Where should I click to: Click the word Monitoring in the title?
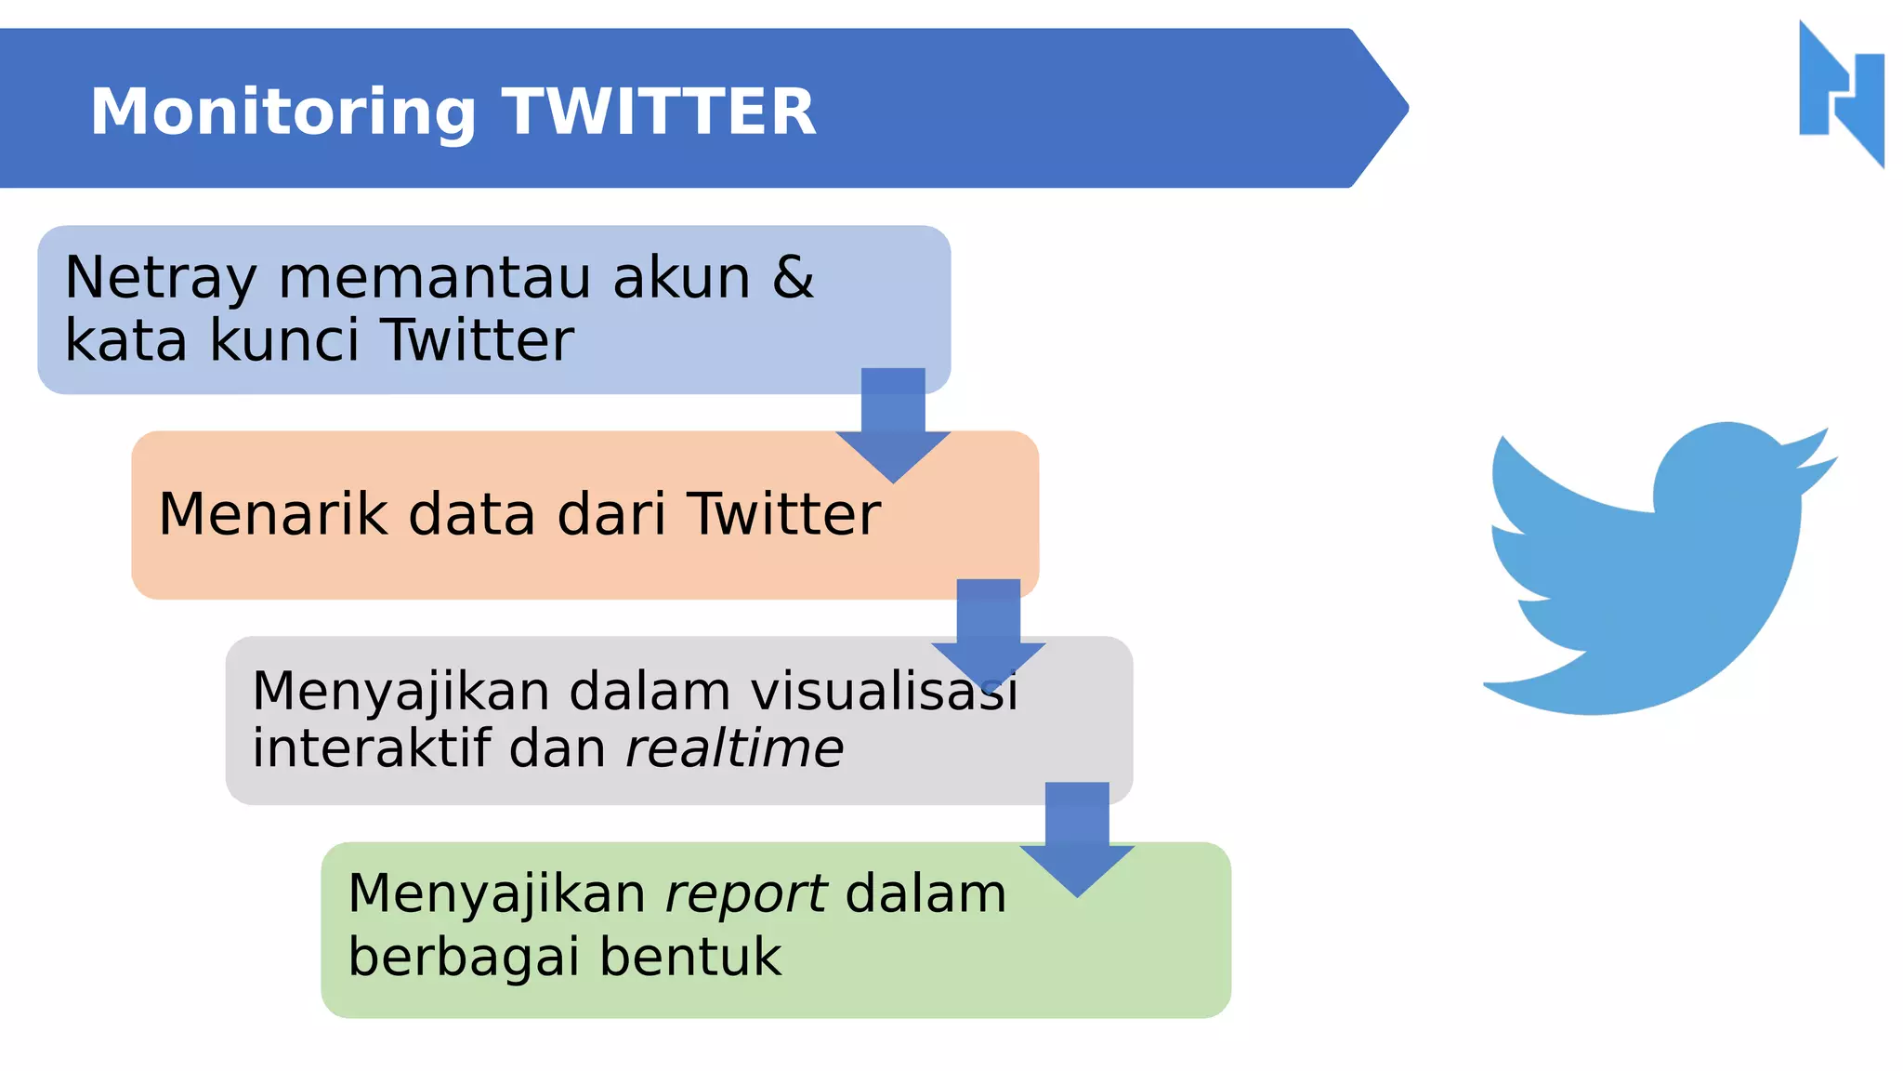coord(282,112)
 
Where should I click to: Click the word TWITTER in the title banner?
coord(659,112)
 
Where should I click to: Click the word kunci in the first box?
coord(283,340)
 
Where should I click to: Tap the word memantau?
coord(434,278)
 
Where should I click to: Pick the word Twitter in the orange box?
coord(783,514)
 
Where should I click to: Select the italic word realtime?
coord(734,748)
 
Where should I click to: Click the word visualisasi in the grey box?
coord(884,692)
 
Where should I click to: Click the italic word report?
coord(745,895)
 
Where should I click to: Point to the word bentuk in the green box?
coord(690,957)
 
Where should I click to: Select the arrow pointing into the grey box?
coord(989,632)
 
